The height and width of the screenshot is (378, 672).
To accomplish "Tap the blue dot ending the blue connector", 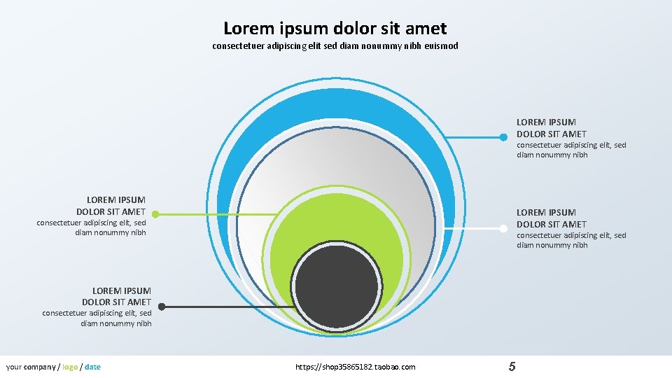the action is point(503,136).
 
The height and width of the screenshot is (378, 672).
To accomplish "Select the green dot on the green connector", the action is point(155,214).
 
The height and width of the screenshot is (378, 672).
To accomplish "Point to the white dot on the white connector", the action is point(503,228).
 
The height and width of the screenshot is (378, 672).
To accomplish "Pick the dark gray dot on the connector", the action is point(162,307).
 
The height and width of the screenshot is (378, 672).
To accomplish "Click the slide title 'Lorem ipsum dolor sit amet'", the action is point(335,28).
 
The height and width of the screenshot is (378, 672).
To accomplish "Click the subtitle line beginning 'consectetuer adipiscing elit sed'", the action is point(335,46).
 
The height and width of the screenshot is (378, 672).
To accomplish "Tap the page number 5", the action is point(512,367).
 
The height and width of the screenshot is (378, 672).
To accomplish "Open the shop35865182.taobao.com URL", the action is point(356,367).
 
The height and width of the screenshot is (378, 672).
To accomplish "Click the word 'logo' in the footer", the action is point(70,367).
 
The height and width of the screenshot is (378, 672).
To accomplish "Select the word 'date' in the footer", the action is point(92,367).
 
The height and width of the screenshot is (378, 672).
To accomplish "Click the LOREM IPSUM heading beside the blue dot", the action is point(552,128).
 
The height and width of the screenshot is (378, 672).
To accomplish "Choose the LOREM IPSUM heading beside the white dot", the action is point(552,218).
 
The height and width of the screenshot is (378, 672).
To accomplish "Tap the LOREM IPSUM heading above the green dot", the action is point(111,205).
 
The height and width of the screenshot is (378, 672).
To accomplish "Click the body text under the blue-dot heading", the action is point(571,150).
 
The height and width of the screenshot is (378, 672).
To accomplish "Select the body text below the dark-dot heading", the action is point(97,318).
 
